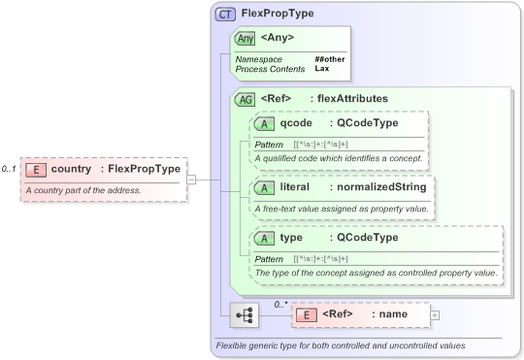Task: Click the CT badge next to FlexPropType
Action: coord(226,15)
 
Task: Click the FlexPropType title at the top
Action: coord(278,15)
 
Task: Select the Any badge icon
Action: coord(246,39)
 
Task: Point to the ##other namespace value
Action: coord(330,59)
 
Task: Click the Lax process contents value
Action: coord(321,69)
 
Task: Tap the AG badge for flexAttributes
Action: coord(246,98)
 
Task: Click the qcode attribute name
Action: coord(296,123)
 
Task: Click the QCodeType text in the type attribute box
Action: coord(364,238)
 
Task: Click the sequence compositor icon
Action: coord(245,315)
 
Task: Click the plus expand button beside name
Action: coord(434,315)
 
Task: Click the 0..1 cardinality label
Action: coord(9,169)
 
